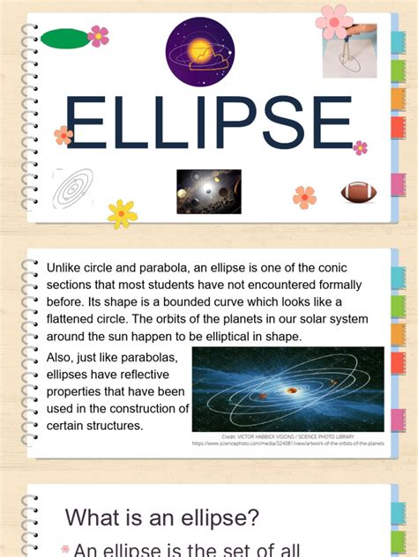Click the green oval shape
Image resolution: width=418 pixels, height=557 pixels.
tap(65, 38)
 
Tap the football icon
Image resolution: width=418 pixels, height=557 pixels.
tap(359, 192)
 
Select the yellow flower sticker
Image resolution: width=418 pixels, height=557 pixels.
tap(122, 213)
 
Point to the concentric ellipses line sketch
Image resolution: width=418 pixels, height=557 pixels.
tap(73, 188)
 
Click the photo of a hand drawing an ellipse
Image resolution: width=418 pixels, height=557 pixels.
tap(349, 51)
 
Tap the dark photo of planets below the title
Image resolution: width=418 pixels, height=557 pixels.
tap(209, 191)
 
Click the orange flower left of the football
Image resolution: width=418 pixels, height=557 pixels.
tap(304, 197)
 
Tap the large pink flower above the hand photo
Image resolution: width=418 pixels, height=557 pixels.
tap(334, 20)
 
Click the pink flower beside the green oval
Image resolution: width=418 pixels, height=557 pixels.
tap(99, 36)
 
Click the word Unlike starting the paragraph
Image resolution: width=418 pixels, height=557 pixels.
tap(64, 268)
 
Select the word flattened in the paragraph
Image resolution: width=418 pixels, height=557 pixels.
tap(76, 318)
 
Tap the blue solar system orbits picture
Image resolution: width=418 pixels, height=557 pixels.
tap(287, 389)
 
